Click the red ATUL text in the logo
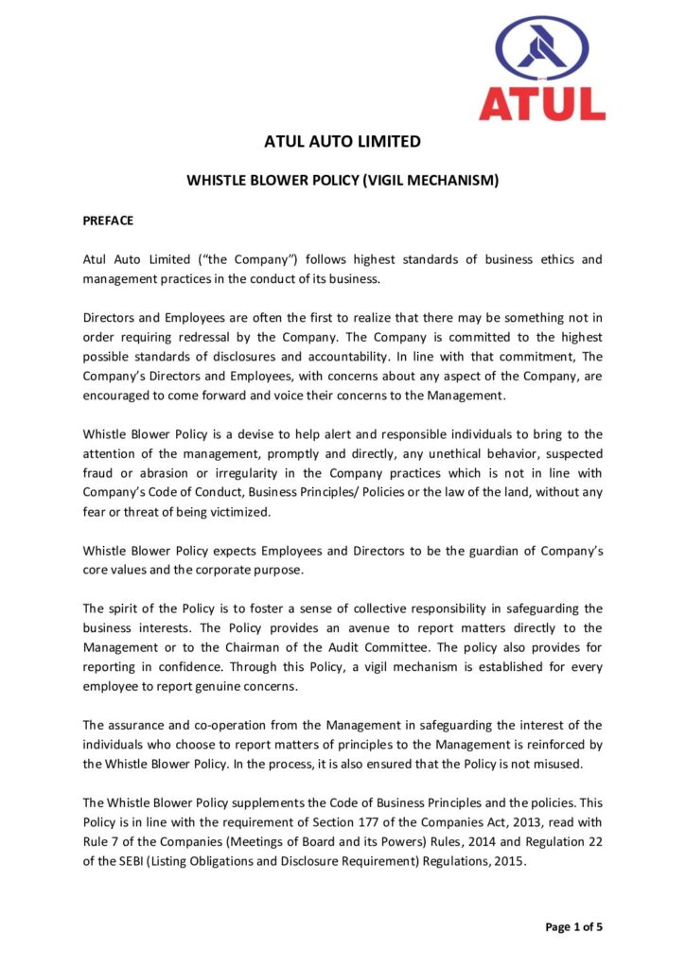pyautogui.click(x=541, y=102)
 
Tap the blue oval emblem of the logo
pyautogui.click(x=541, y=46)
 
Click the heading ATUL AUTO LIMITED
pyautogui.click(x=343, y=142)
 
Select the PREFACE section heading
pyautogui.click(x=108, y=220)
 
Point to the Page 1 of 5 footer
pyautogui.click(x=573, y=926)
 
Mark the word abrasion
pyautogui.click(x=158, y=472)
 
